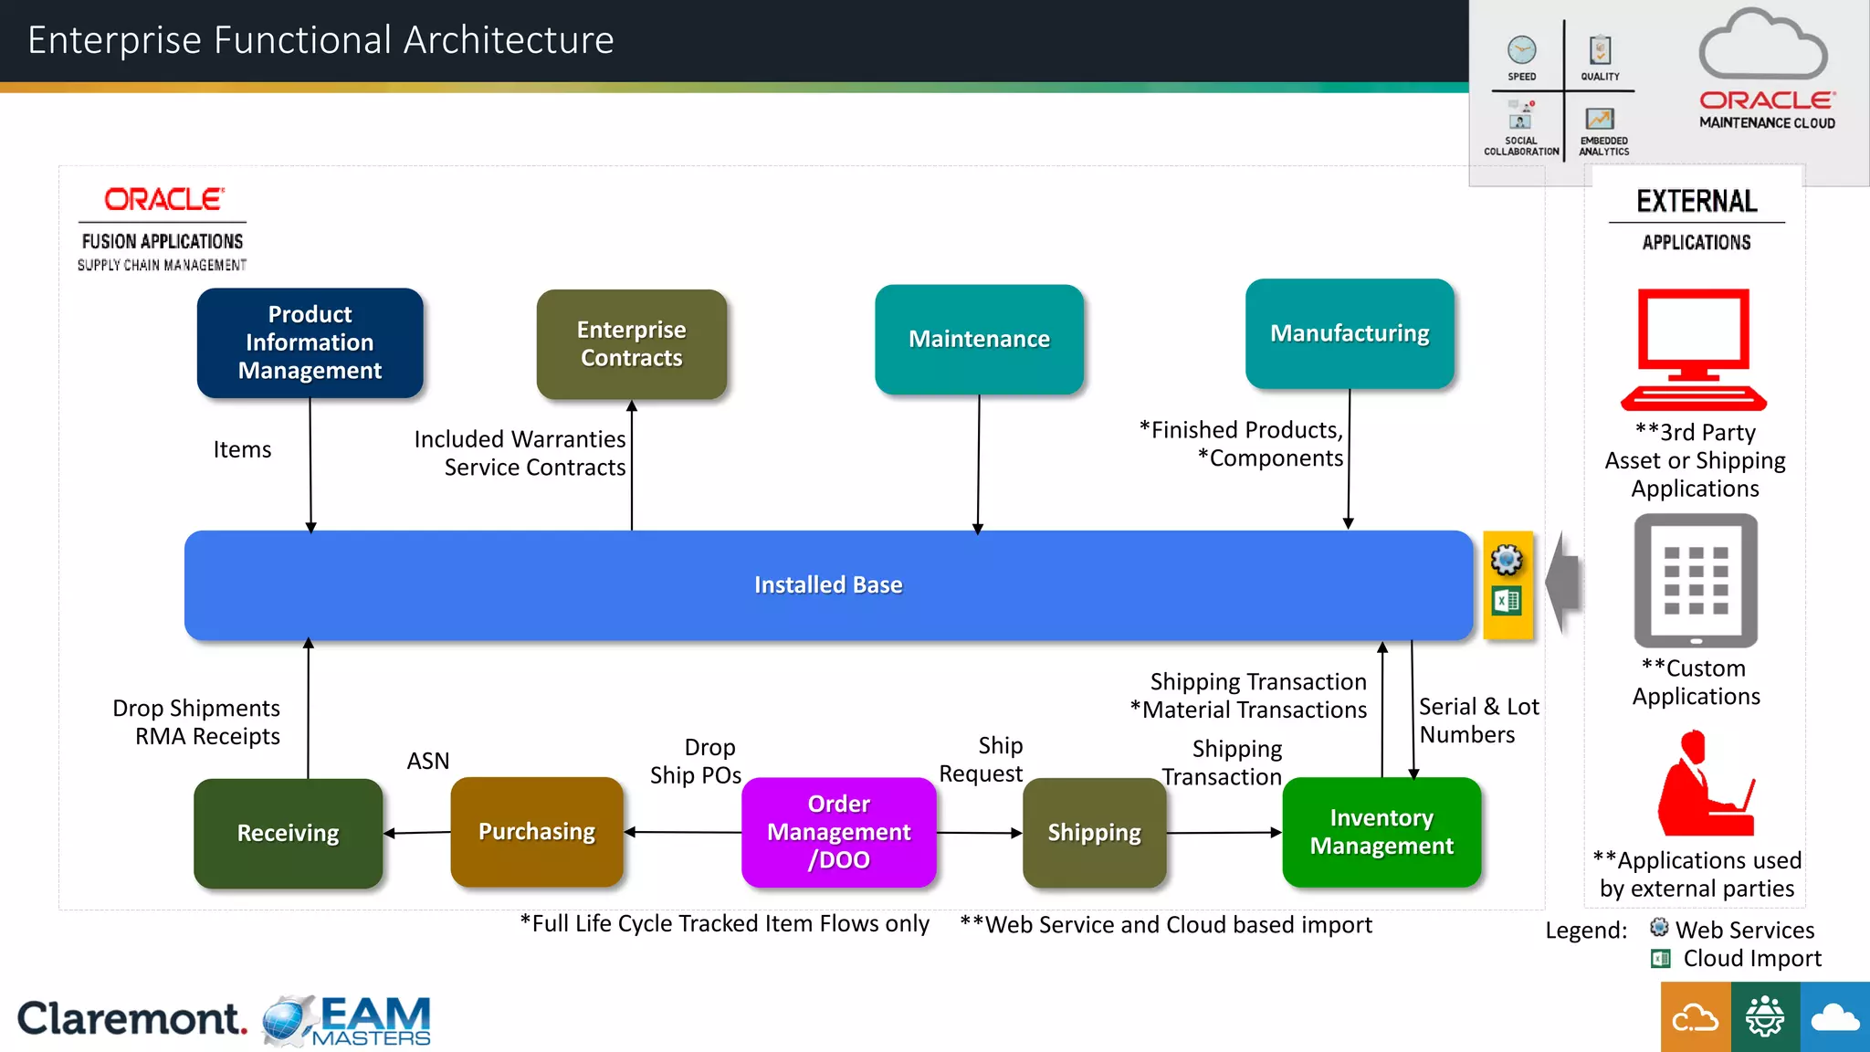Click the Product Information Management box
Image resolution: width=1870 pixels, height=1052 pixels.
coord(310,342)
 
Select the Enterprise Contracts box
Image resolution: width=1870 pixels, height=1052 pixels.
coord(631,344)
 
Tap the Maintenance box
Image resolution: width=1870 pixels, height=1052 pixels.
coord(979,339)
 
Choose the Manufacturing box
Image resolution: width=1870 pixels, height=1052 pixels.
coord(1350,333)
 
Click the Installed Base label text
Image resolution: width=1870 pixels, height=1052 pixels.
coord(827,584)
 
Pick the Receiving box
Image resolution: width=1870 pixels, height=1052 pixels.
coord(288,833)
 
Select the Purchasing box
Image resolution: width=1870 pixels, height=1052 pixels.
coord(537,832)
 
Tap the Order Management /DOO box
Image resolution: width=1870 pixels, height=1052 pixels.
coord(838,832)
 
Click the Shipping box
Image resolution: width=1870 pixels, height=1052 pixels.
coord(1094,833)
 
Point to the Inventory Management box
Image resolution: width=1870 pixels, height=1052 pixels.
coord(1381,832)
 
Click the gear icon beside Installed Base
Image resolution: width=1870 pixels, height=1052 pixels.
coord(1507,560)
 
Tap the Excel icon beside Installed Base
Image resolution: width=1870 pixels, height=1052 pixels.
coord(1507,601)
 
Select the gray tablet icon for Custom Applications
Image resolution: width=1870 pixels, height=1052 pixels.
coord(1696,581)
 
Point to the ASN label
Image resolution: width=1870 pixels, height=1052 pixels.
coord(427,761)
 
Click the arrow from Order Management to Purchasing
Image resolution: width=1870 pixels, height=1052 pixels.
coord(685,832)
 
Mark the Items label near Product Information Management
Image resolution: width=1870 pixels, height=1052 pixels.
coord(242,449)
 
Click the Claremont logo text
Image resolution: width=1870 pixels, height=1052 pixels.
coord(131,1018)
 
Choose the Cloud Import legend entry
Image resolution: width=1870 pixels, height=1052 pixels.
coord(1750,958)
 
